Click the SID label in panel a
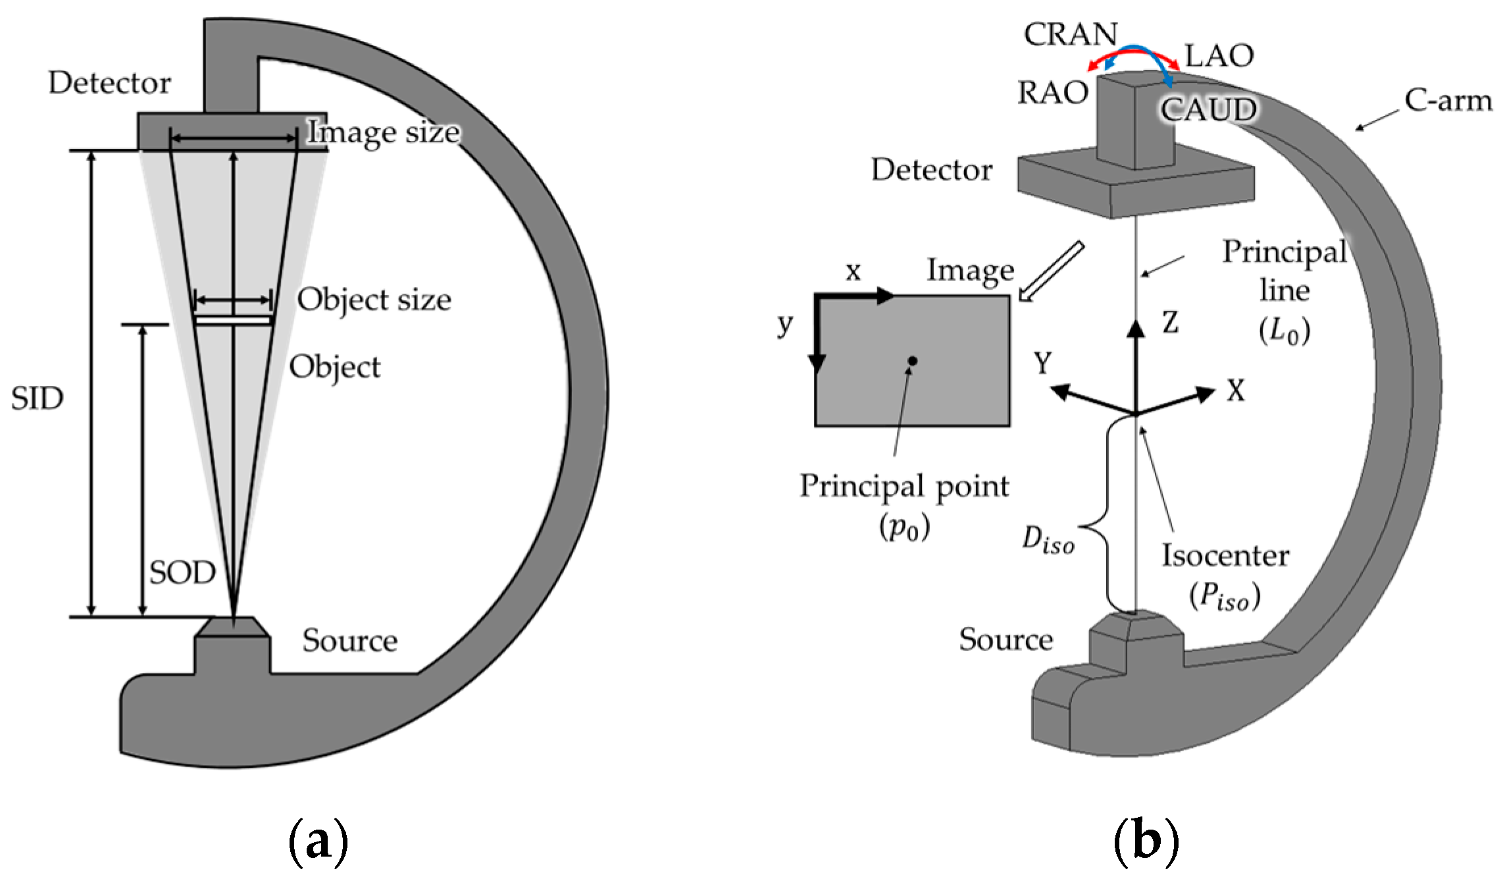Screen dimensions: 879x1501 pyautogui.click(x=37, y=398)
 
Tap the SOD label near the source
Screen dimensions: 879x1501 pyautogui.click(x=182, y=572)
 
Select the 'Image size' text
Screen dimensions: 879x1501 pyautogui.click(x=384, y=132)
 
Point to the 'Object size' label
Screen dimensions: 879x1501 pyautogui.click(x=374, y=300)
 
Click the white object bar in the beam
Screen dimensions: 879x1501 pyautogui.click(x=233, y=321)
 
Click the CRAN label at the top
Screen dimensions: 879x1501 pyautogui.click(x=1070, y=34)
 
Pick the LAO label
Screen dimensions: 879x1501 pyautogui.click(x=1219, y=56)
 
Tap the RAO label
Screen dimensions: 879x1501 pyautogui.click(x=1052, y=93)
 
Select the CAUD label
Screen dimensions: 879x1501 pyautogui.click(x=1208, y=109)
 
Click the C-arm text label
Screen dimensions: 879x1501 pyautogui.click(x=1448, y=101)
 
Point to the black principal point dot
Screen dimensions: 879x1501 pyautogui.click(x=912, y=361)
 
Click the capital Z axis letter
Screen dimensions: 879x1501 pyautogui.click(x=1169, y=323)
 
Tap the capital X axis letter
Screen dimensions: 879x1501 pyautogui.click(x=1235, y=391)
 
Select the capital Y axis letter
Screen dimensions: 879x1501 pyautogui.click(x=1042, y=363)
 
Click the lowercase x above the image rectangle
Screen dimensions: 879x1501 pyautogui.click(x=853, y=271)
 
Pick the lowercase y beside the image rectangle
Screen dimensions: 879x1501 pyautogui.click(x=784, y=323)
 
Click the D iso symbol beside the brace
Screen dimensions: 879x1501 pyautogui.click(x=1048, y=541)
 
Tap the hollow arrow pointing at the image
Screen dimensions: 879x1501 pyautogui.click(x=1051, y=271)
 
